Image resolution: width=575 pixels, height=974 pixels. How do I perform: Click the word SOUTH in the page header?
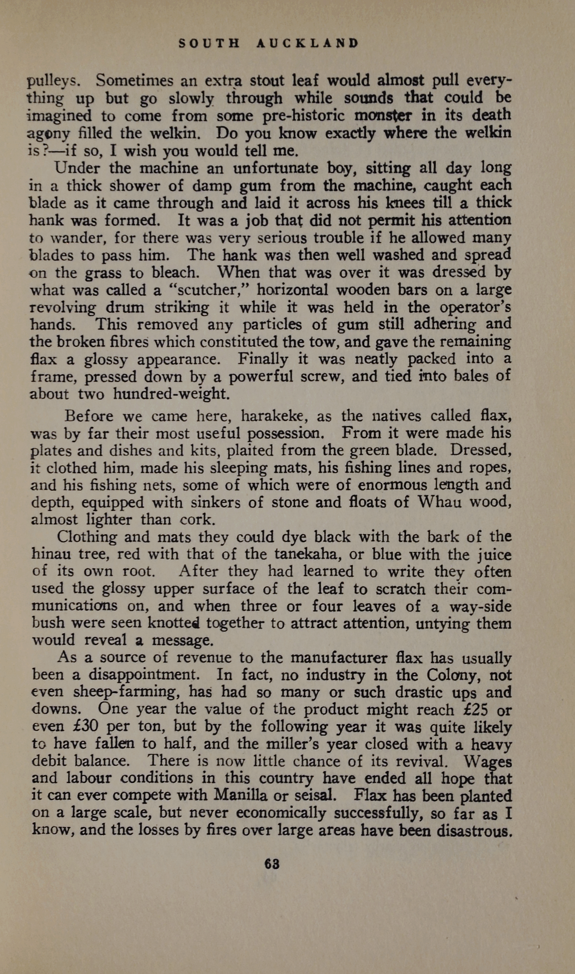pyautogui.click(x=209, y=43)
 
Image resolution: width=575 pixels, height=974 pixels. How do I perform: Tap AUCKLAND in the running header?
pyautogui.click(x=307, y=43)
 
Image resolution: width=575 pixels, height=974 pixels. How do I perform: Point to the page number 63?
pyautogui.click(x=272, y=864)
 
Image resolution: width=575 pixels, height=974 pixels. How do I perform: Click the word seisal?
pyautogui.click(x=315, y=795)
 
